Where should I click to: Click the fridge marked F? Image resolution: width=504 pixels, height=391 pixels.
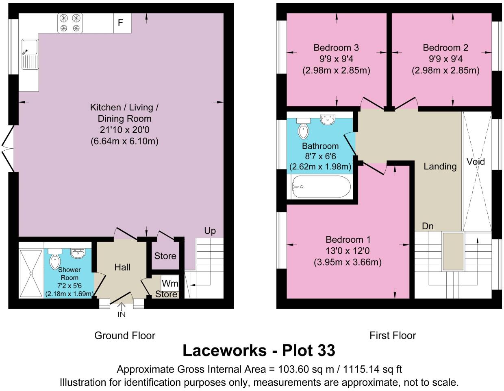click(x=122, y=23)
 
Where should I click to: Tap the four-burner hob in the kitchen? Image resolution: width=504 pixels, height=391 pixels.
click(x=70, y=23)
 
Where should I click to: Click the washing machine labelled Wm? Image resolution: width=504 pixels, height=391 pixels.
click(x=169, y=283)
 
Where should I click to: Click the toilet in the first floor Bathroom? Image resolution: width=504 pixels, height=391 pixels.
click(x=303, y=128)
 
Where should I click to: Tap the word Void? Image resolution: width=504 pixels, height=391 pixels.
click(x=476, y=162)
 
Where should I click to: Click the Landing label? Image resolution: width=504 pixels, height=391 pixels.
click(x=440, y=166)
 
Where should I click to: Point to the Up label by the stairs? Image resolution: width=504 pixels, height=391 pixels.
click(x=210, y=231)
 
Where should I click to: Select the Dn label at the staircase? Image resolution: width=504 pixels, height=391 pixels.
click(x=428, y=226)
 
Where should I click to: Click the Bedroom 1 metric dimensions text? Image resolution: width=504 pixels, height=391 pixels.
click(x=348, y=262)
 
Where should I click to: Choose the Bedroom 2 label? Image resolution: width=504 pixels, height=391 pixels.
click(x=445, y=48)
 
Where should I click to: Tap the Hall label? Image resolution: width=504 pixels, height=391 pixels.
click(x=122, y=267)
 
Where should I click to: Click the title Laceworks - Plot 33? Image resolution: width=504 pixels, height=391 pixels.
click(x=259, y=350)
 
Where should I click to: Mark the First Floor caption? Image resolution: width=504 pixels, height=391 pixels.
click(x=392, y=336)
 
